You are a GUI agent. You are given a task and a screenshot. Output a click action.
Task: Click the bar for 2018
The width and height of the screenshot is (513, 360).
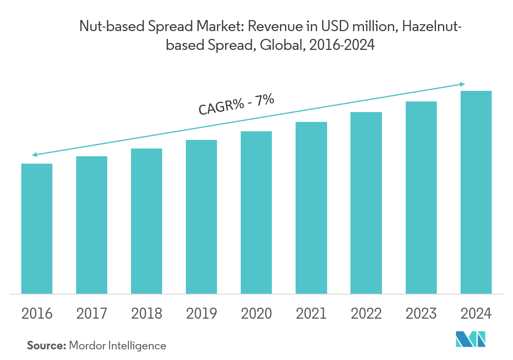[x=147, y=221]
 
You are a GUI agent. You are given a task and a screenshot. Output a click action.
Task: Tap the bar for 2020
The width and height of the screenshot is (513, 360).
[x=256, y=212]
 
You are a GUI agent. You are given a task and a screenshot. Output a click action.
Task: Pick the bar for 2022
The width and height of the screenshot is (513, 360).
[x=366, y=202]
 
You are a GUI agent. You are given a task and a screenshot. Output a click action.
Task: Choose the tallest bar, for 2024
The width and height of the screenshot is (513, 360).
[x=476, y=192]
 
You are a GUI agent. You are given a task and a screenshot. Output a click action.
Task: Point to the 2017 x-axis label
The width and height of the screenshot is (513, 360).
[x=92, y=314]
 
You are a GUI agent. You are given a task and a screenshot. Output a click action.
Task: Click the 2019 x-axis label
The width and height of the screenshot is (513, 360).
[x=201, y=314]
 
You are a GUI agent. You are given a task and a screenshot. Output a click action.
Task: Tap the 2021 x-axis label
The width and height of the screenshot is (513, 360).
[x=311, y=314]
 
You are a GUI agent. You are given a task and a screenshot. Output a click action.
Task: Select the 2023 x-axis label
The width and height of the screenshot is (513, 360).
[x=421, y=314]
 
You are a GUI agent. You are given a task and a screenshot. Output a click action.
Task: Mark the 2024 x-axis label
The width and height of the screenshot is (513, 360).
[x=476, y=314]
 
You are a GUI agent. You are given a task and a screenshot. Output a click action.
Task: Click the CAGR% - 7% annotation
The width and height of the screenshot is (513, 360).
[x=236, y=105]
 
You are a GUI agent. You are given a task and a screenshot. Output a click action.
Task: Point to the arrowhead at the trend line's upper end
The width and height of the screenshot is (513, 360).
[x=463, y=84]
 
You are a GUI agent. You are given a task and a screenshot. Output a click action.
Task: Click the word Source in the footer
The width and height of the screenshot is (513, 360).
[x=46, y=346]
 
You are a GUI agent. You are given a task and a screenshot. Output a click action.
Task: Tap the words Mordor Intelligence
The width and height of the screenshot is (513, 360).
[x=118, y=346]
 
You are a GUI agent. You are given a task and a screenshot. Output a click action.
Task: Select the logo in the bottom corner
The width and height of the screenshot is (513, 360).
[x=471, y=340]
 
